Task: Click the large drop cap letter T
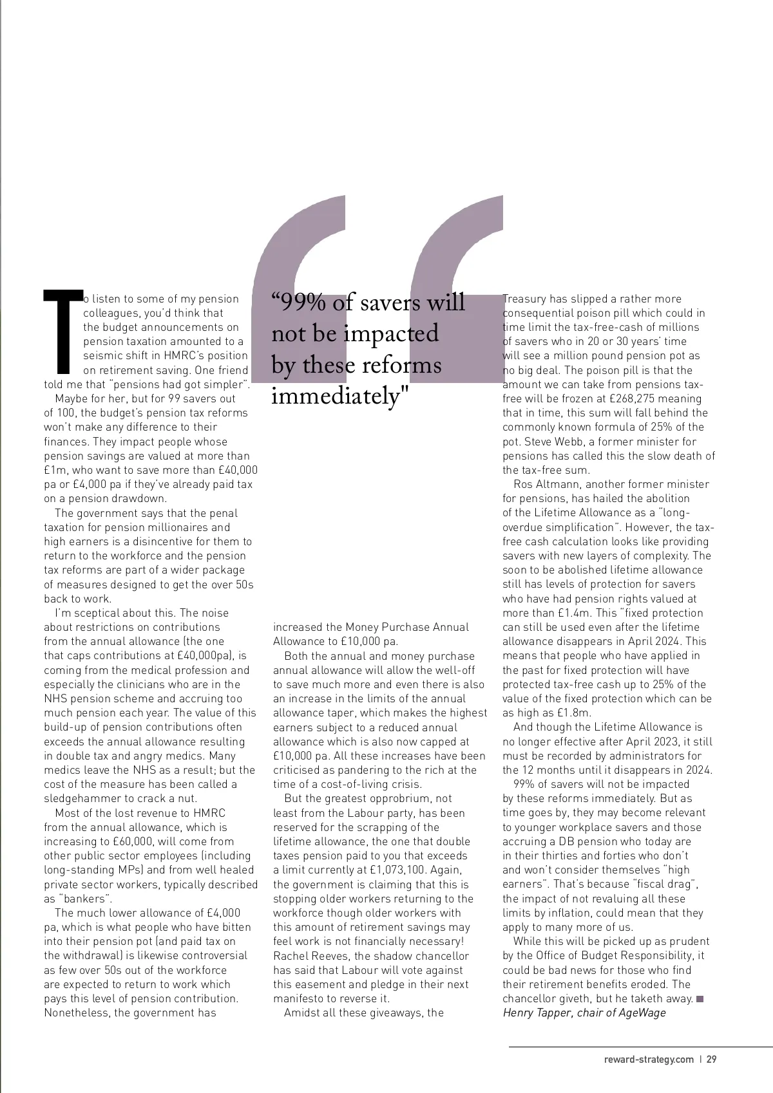62,332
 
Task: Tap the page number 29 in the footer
711,1059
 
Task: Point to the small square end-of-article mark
700,998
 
